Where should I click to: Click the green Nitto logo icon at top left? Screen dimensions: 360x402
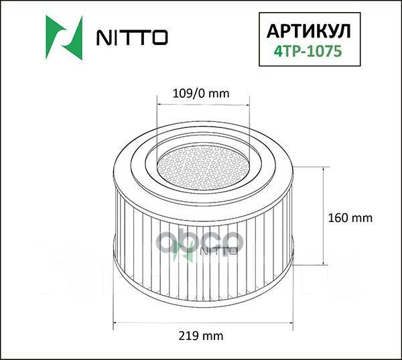[x=64, y=36]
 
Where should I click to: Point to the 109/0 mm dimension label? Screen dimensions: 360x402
[x=202, y=93]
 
